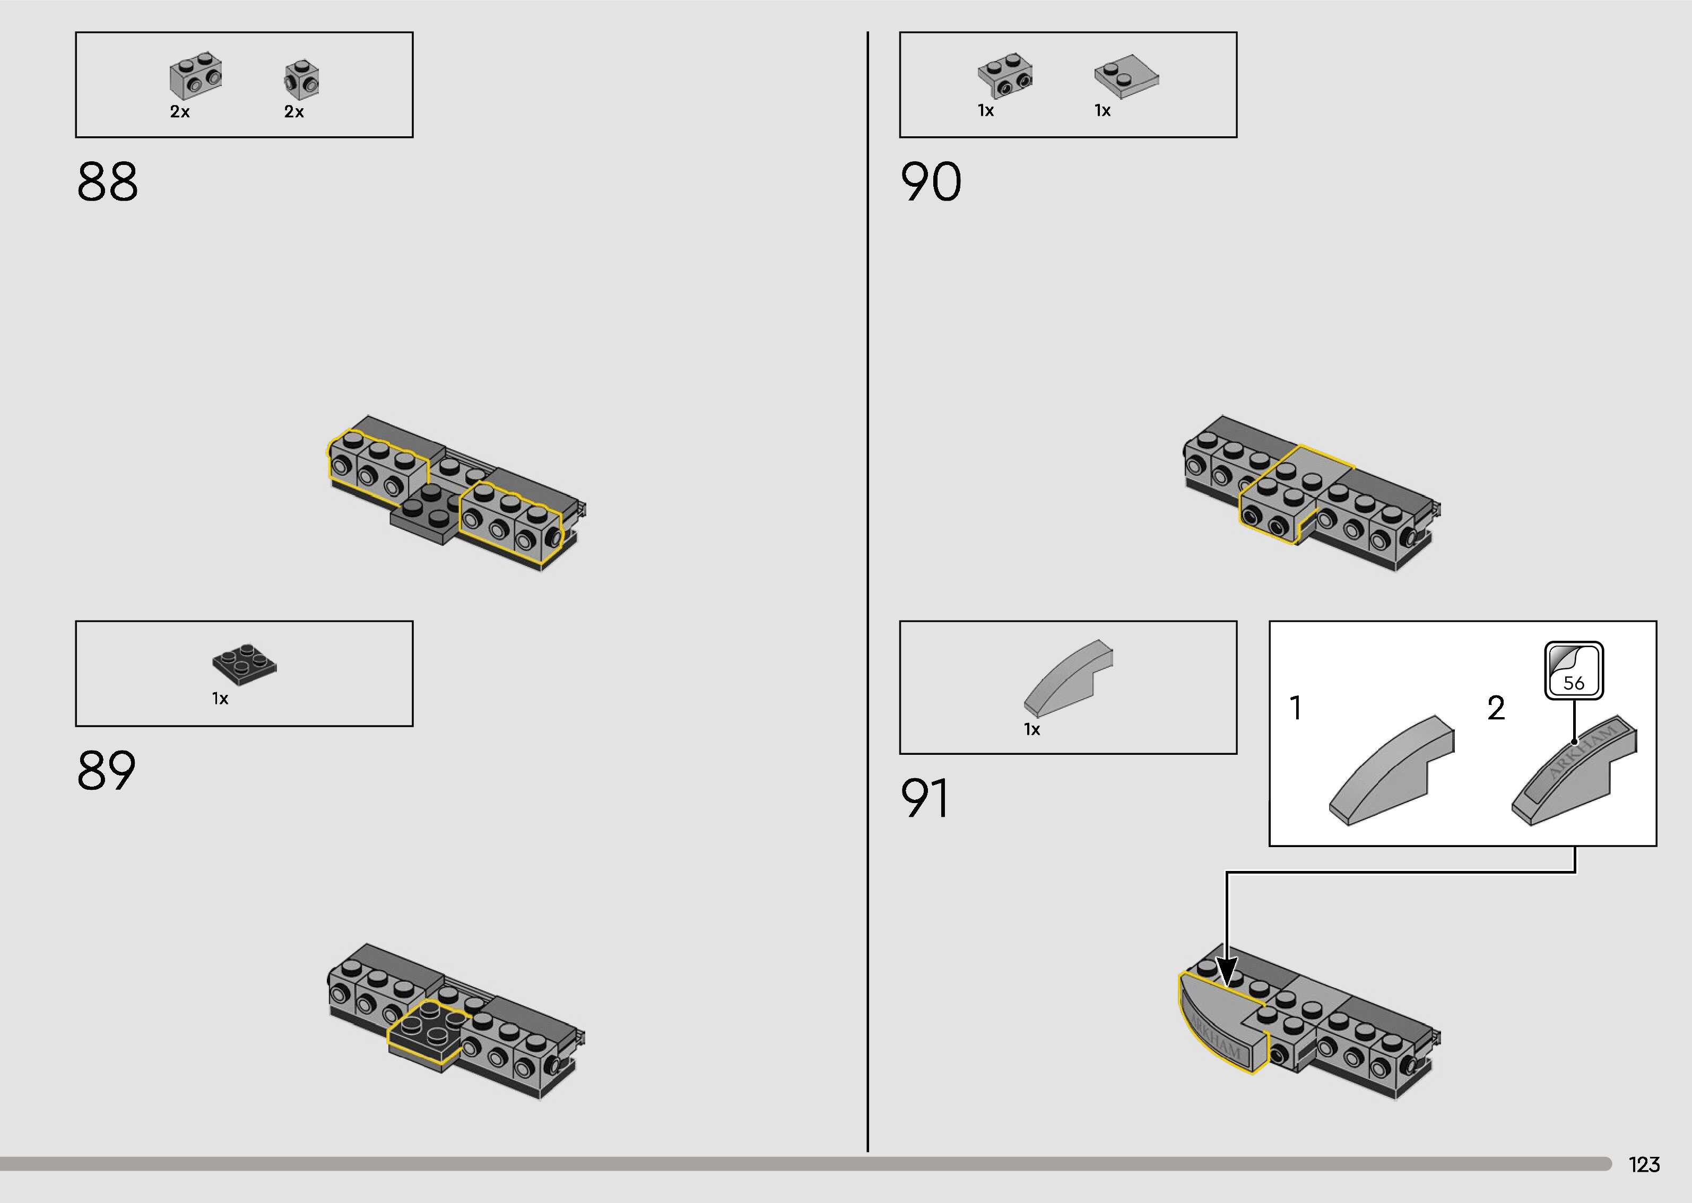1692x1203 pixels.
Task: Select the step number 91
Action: [x=925, y=798]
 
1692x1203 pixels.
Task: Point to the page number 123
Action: [x=1644, y=1164]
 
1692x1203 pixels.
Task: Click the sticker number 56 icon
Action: [x=1574, y=671]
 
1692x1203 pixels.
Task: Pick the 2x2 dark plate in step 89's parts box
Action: [x=245, y=663]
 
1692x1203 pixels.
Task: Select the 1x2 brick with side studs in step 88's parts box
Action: [x=196, y=75]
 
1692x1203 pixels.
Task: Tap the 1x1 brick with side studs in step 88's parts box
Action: [x=301, y=78]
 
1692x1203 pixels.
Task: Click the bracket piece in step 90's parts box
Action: [x=1005, y=75]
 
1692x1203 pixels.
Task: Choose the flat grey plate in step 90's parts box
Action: [x=1126, y=75]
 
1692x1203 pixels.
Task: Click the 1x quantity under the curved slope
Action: [x=1031, y=730]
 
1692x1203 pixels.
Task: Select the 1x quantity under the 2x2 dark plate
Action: [x=220, y=699]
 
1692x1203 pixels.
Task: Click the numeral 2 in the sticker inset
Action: [x=1496, y=708]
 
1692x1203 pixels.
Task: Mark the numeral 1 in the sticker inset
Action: [x=1296, y=708]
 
